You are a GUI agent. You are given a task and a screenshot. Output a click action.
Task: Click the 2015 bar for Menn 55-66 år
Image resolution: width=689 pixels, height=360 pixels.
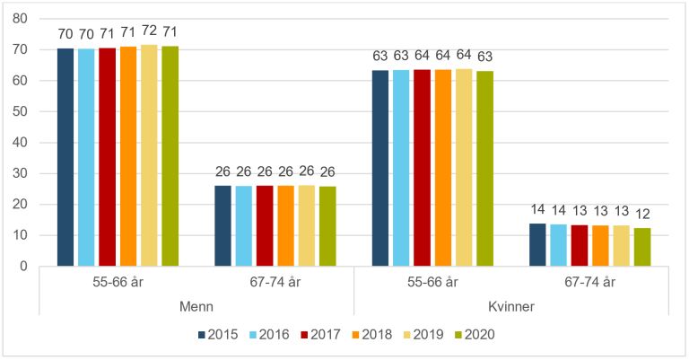tap(65, 157)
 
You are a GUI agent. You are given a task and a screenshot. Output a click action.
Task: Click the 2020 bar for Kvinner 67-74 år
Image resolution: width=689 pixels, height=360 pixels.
tap(642, 247)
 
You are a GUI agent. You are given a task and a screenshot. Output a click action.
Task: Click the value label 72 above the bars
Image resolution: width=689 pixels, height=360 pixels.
tap(149, 32)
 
